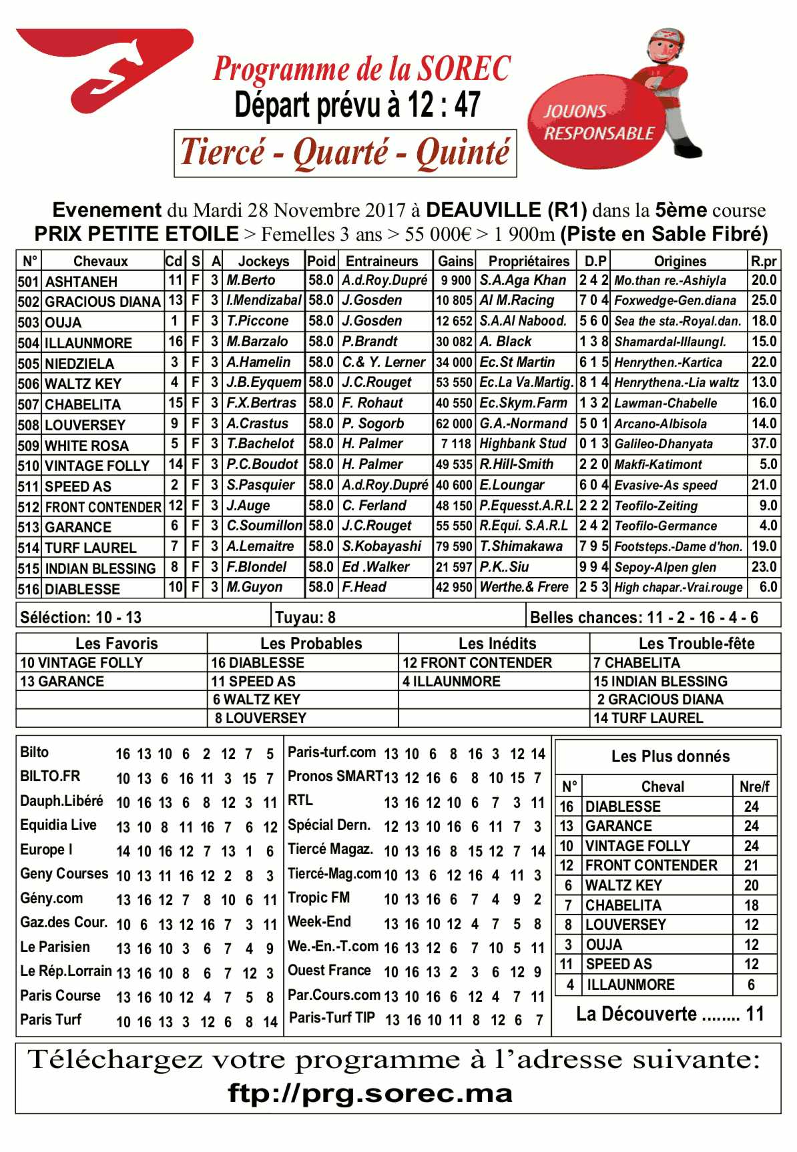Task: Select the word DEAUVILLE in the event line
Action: pos(506,210)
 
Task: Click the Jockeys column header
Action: pos(263,261)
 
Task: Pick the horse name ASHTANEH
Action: pos(81,281)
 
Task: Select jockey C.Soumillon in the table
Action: pos(264,526)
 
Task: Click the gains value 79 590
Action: pos(454,546)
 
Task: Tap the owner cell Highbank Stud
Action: pos(523,444)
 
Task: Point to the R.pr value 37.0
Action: pos(764,444)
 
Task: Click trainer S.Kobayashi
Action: pos(381,546)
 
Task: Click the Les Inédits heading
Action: pos(497,644)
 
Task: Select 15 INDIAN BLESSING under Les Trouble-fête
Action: pos(659,681)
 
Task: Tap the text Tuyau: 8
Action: pos(305,617)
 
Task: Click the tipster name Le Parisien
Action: pos(55,947)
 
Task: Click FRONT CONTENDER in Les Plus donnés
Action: pos(651,865)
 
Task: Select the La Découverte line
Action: pos(669,1015)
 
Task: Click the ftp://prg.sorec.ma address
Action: pos(370,1093)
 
